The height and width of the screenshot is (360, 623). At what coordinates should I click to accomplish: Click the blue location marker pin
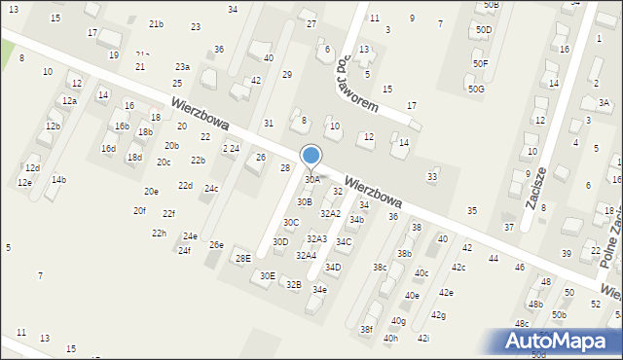pos(311,156)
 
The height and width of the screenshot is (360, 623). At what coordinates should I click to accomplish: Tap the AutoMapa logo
pos(561,341)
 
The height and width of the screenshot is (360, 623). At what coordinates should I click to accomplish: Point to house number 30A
pos(312,180)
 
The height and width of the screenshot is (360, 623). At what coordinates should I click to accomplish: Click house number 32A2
pos(331,214)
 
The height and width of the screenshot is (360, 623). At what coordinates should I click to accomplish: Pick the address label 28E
pos(242,258)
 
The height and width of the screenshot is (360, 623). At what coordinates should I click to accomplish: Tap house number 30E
pos(267,276)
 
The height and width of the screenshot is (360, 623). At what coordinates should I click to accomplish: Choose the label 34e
pos(319,290)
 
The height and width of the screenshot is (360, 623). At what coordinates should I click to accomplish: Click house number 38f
pos(366,330)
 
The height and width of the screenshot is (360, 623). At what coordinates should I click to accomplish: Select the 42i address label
pos(423,339)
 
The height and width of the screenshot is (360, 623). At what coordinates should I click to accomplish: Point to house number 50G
pos(475,90)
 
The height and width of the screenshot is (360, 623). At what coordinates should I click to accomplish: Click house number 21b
pos(156,23)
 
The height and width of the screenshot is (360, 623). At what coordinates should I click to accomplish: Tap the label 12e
pos(24,183)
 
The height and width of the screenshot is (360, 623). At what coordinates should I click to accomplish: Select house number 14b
pos(58,180)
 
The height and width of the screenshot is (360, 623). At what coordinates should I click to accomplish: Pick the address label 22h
pos(159,234)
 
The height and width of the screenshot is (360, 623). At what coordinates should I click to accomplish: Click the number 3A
pos(604,103)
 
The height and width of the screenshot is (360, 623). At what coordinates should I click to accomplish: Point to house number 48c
pos(522,324)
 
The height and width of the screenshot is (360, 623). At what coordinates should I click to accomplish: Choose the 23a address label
pos(182,67)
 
